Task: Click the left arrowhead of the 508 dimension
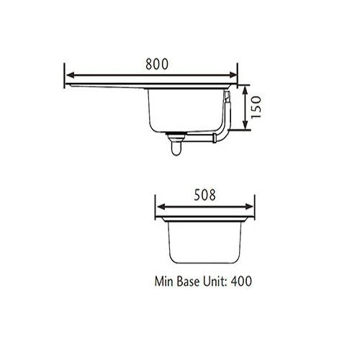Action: pyautogui.click(x=159, y=205)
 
